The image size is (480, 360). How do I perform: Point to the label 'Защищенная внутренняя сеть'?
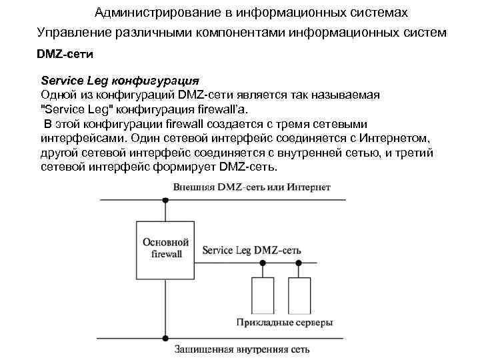click(242, 349)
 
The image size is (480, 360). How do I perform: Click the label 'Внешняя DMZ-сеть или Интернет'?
click(252, 188)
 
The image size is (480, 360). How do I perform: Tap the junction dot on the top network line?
click(165, 200)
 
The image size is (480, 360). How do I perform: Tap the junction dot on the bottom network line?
click(165, 339)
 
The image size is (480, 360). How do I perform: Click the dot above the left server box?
click(263, 263)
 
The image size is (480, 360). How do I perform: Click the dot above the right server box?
click(298, 263)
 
